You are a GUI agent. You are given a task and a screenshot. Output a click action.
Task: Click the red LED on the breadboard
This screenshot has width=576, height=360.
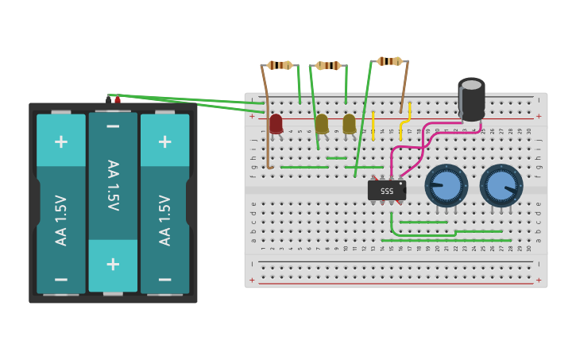(x=276, y=123)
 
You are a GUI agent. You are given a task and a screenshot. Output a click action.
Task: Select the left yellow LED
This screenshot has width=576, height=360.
(x=322, y=123)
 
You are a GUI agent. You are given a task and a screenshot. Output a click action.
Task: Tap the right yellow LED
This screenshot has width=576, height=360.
(x=349, y=123)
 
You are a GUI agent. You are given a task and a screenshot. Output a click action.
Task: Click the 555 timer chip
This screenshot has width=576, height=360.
(x=387, y=191)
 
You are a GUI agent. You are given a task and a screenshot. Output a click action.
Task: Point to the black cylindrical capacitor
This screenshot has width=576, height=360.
(x=471, y=99)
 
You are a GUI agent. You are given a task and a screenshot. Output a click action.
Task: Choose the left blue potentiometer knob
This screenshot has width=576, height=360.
(x=446, y=185)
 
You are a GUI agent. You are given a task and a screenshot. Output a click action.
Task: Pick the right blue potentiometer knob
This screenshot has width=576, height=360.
(x=501, y=185)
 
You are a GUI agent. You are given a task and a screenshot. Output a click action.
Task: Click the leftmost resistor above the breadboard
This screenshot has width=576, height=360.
(x=279, y=65)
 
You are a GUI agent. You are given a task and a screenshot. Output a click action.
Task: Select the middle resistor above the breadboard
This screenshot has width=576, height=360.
(x=328, y=65)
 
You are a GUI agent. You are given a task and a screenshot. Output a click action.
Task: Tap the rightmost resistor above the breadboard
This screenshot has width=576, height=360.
(x=389, y=61)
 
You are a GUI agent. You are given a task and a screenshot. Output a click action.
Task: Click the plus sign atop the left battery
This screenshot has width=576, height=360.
(x=60, y=141)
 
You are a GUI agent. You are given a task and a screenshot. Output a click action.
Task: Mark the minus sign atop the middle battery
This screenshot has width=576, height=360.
(x=113, y=126)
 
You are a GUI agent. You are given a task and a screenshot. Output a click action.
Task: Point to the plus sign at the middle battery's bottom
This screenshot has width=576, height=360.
(x=113, y=265)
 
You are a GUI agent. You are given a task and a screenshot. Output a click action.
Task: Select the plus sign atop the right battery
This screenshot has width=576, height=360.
(x=164, y=141)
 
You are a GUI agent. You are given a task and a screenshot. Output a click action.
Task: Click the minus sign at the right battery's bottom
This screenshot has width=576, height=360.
(x=164, y=280)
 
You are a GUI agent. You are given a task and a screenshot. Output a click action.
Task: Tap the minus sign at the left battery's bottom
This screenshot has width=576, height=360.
(x=60, y=280)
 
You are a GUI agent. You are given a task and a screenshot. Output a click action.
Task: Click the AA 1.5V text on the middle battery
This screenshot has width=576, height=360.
(x=113, y=185)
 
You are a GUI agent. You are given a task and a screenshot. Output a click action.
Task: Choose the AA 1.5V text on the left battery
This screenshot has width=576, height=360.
(x=60, y=219)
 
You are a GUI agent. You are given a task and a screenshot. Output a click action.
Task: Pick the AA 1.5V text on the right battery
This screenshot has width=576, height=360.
(x=164, y=219)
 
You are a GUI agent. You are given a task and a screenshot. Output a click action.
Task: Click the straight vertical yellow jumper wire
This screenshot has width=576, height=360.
(x=373, y=126)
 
